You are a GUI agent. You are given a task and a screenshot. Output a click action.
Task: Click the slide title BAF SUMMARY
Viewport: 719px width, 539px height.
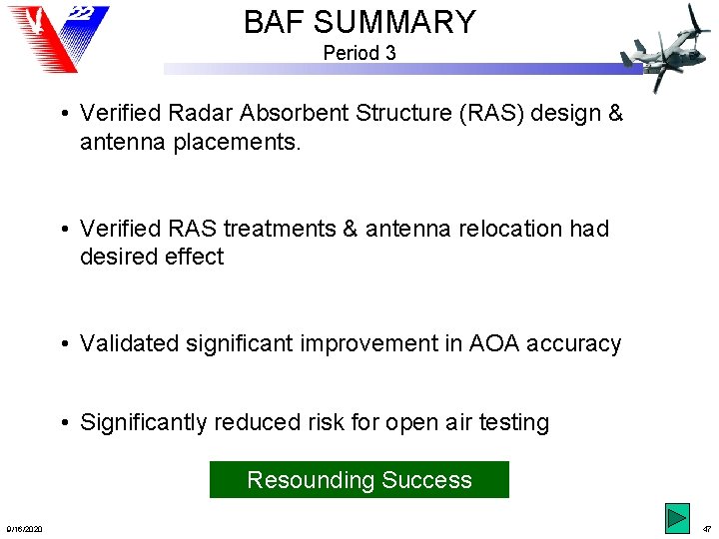point(359,21)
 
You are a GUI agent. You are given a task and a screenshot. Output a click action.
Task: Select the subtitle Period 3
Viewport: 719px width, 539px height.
point(359,53)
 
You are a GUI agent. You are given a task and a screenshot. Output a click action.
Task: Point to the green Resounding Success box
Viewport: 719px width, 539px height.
point(359,480)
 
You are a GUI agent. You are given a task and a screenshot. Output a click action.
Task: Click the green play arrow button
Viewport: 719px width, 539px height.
point(677,519)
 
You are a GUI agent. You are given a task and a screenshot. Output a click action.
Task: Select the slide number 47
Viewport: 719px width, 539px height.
point(706,529)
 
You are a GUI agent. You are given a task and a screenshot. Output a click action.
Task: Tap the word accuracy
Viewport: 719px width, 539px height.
point(579,344)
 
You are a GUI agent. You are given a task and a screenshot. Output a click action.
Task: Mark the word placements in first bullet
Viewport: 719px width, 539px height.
point(228,143)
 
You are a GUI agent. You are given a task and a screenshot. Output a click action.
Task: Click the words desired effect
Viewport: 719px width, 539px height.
point(152,258)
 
